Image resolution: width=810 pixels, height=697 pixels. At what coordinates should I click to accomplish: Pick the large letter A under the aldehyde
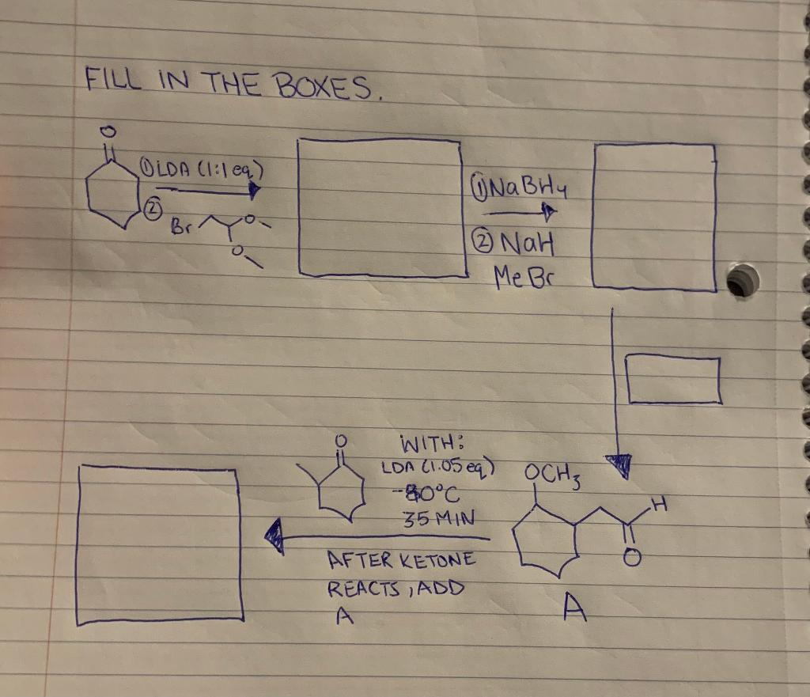[x=575, y=608]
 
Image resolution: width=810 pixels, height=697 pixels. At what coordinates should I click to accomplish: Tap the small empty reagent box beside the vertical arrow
[x=672, y=380]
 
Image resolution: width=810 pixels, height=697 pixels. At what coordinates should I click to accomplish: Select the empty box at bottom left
[x=161, y=545]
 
